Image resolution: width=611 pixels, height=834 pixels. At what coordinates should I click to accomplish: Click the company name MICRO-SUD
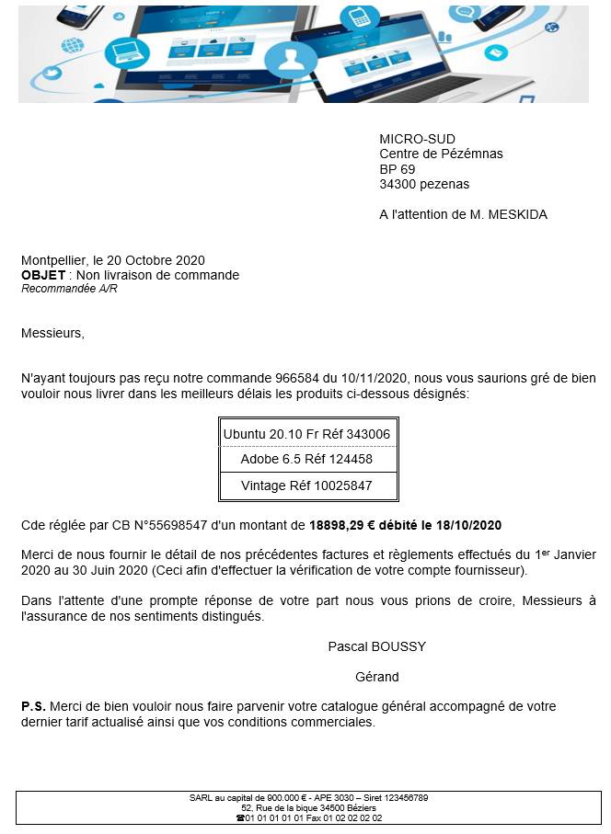417,139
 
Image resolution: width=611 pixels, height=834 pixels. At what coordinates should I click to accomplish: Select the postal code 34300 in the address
397,184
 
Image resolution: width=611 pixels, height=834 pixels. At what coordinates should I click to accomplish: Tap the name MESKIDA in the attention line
514,214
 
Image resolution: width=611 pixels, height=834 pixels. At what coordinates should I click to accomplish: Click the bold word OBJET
43,275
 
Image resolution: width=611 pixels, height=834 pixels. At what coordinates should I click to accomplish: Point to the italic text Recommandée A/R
69,289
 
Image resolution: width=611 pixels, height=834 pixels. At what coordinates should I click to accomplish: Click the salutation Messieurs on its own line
52,333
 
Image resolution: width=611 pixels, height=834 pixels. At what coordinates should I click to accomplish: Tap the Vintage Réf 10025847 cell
306,486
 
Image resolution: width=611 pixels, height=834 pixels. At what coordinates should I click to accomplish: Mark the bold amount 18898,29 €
345,526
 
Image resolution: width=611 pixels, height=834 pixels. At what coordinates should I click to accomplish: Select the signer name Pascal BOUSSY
376,646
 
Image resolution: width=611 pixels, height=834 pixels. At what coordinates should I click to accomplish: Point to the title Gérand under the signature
376,677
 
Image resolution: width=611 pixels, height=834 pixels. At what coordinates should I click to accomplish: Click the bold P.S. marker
33,706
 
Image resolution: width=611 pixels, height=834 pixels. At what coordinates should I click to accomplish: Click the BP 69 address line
398,169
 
